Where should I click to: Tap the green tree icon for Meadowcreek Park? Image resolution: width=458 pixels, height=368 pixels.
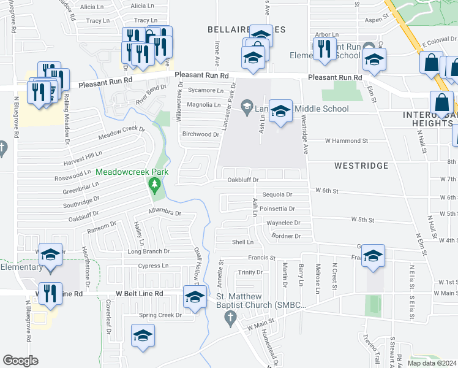click(x=155, y=184)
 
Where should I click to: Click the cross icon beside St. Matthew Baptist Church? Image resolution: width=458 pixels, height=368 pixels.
click(x=230, y=318)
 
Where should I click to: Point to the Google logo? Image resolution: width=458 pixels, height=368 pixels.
click(x=20, y=361)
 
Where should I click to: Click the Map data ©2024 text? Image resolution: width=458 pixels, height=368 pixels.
click(x=431, y=363)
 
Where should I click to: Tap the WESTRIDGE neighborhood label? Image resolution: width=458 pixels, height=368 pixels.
click(x=361, y=166)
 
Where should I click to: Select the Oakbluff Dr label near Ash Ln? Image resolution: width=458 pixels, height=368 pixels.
click(x=243, y=180)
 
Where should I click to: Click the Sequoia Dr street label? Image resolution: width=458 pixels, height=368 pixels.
click(x=277, y=194)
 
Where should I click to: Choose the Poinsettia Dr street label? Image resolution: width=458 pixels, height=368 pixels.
click(x=278, y=209)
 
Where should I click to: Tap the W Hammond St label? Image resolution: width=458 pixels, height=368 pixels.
click(x=346, y=140)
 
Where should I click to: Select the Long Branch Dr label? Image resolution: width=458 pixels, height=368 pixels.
click(x=148, y=251)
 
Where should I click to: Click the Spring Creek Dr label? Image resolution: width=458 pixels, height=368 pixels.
click(x=160, y=315)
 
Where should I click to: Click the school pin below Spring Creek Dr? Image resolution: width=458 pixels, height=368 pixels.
click(x=143, y=335)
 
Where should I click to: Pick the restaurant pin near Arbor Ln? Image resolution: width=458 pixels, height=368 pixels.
click(x=324, y=49)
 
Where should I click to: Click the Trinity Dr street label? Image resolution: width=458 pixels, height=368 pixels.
click(x=250, y=272)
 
